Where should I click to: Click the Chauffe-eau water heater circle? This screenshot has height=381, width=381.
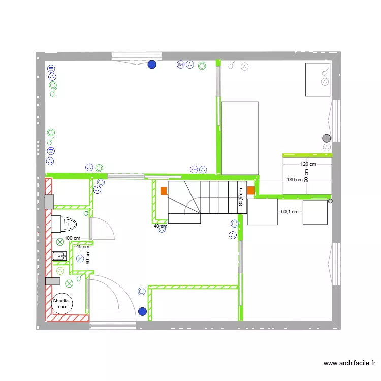pyautogui.click(x=62, y=304)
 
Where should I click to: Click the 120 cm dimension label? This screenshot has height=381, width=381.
pyautogui.click(x=308, y=164)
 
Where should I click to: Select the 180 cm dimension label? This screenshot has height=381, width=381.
pyautogui.click(x=295, y=180)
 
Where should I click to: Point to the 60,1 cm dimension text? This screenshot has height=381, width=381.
pyautogui.click(x=290, y=212)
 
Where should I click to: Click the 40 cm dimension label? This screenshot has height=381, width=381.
pyautogui.click(x=161, y=226)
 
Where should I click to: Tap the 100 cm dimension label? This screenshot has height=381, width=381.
pyautogui.click(x=72, y=238)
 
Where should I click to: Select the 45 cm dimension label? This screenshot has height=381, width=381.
pyautogui.click(x=82, y=247)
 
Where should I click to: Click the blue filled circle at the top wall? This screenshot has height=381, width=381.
pyautogui.click(x=152, y=65)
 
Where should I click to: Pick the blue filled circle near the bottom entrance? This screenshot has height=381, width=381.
pyautogui.click(x=143, y=311)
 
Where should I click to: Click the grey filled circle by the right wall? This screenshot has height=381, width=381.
pyautogui.click(x=326, y=138)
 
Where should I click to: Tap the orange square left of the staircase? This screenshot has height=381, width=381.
pyautogui.click(x=164, y=191)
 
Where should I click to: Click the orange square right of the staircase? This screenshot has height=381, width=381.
pyautogui.click(x=251, y=190)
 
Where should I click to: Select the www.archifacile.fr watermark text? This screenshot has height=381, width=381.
pyautogui.click(x=350, y=363)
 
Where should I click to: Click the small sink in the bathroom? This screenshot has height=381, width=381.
pyautogui.click(x=60, y=256)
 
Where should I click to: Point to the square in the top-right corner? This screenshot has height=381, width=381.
pyautogui.click(x=318, y=79)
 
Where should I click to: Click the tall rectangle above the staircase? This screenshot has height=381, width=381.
pyautogui.click(x=240, y=137)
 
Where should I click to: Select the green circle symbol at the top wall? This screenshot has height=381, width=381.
pyautogui.click(x=202, y=66)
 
